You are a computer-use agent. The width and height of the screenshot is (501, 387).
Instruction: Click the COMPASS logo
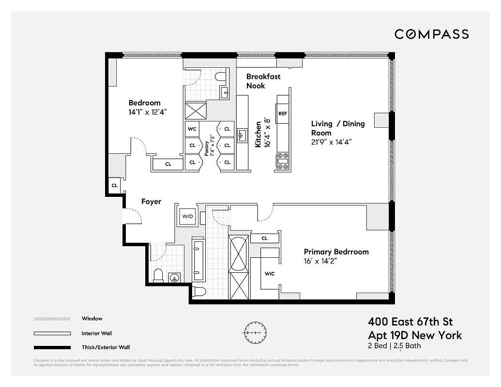tap(431, 34)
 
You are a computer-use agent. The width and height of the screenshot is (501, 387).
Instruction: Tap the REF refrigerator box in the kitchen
tap(283, 113)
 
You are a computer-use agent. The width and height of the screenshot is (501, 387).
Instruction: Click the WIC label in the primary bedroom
tap(270, 274)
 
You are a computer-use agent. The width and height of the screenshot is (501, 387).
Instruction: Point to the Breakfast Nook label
tap(263, 81)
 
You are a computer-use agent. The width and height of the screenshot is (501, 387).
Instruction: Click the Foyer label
tap(151, 201)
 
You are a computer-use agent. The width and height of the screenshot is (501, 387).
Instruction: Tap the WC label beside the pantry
tap(192, 129)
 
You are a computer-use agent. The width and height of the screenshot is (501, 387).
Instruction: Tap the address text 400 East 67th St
tap(410, 321)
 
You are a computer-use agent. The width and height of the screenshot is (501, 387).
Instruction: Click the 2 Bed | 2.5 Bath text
tap(395, 345)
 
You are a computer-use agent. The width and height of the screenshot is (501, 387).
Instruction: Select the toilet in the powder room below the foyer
tap(158, 276)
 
